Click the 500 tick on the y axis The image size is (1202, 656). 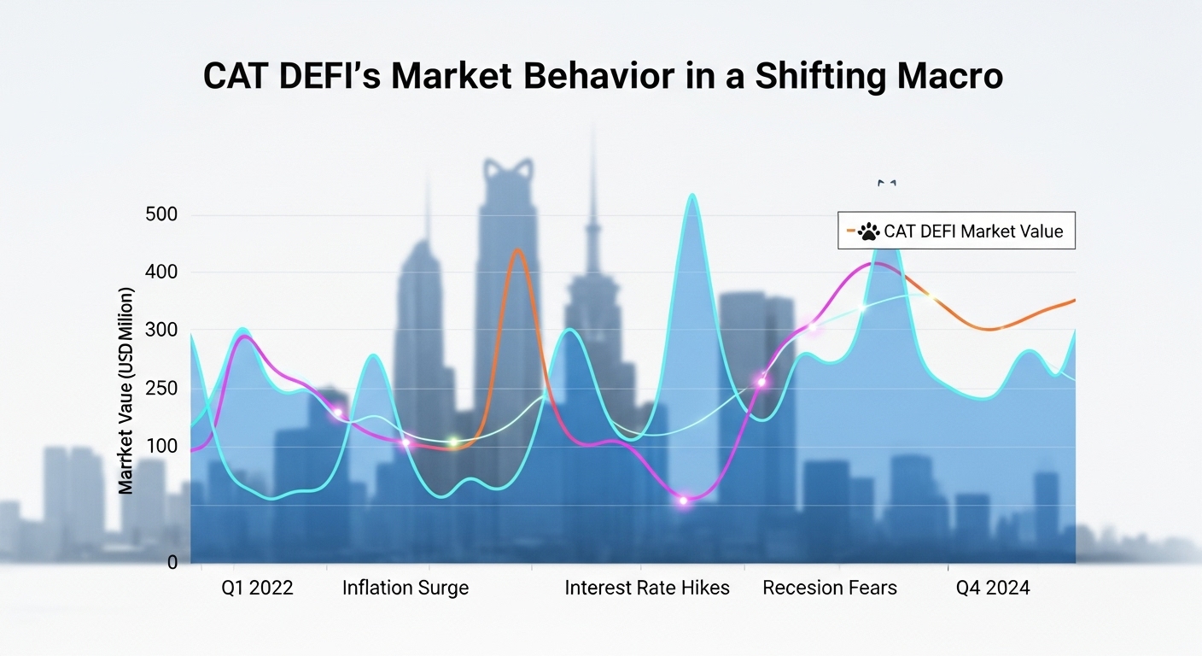coord(161,214)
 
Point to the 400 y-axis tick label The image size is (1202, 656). coord(161,272)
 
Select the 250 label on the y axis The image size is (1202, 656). coord(161,389)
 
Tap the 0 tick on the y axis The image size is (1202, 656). coord(172,563)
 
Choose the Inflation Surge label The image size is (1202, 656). coord(406,588)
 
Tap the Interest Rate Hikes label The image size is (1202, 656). coord(647,588)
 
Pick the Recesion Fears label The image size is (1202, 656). coord(830,588)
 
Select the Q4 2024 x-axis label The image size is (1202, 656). coord(993,588)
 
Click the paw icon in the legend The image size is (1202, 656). coord(868,231)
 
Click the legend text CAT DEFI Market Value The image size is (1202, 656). coord(973,231)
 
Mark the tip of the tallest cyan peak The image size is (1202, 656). coord(692,196)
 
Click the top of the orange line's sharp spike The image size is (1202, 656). coord(517,249)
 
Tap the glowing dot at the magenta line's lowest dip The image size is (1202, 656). coord(683,501)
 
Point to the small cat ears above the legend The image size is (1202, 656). coord(887,182)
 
